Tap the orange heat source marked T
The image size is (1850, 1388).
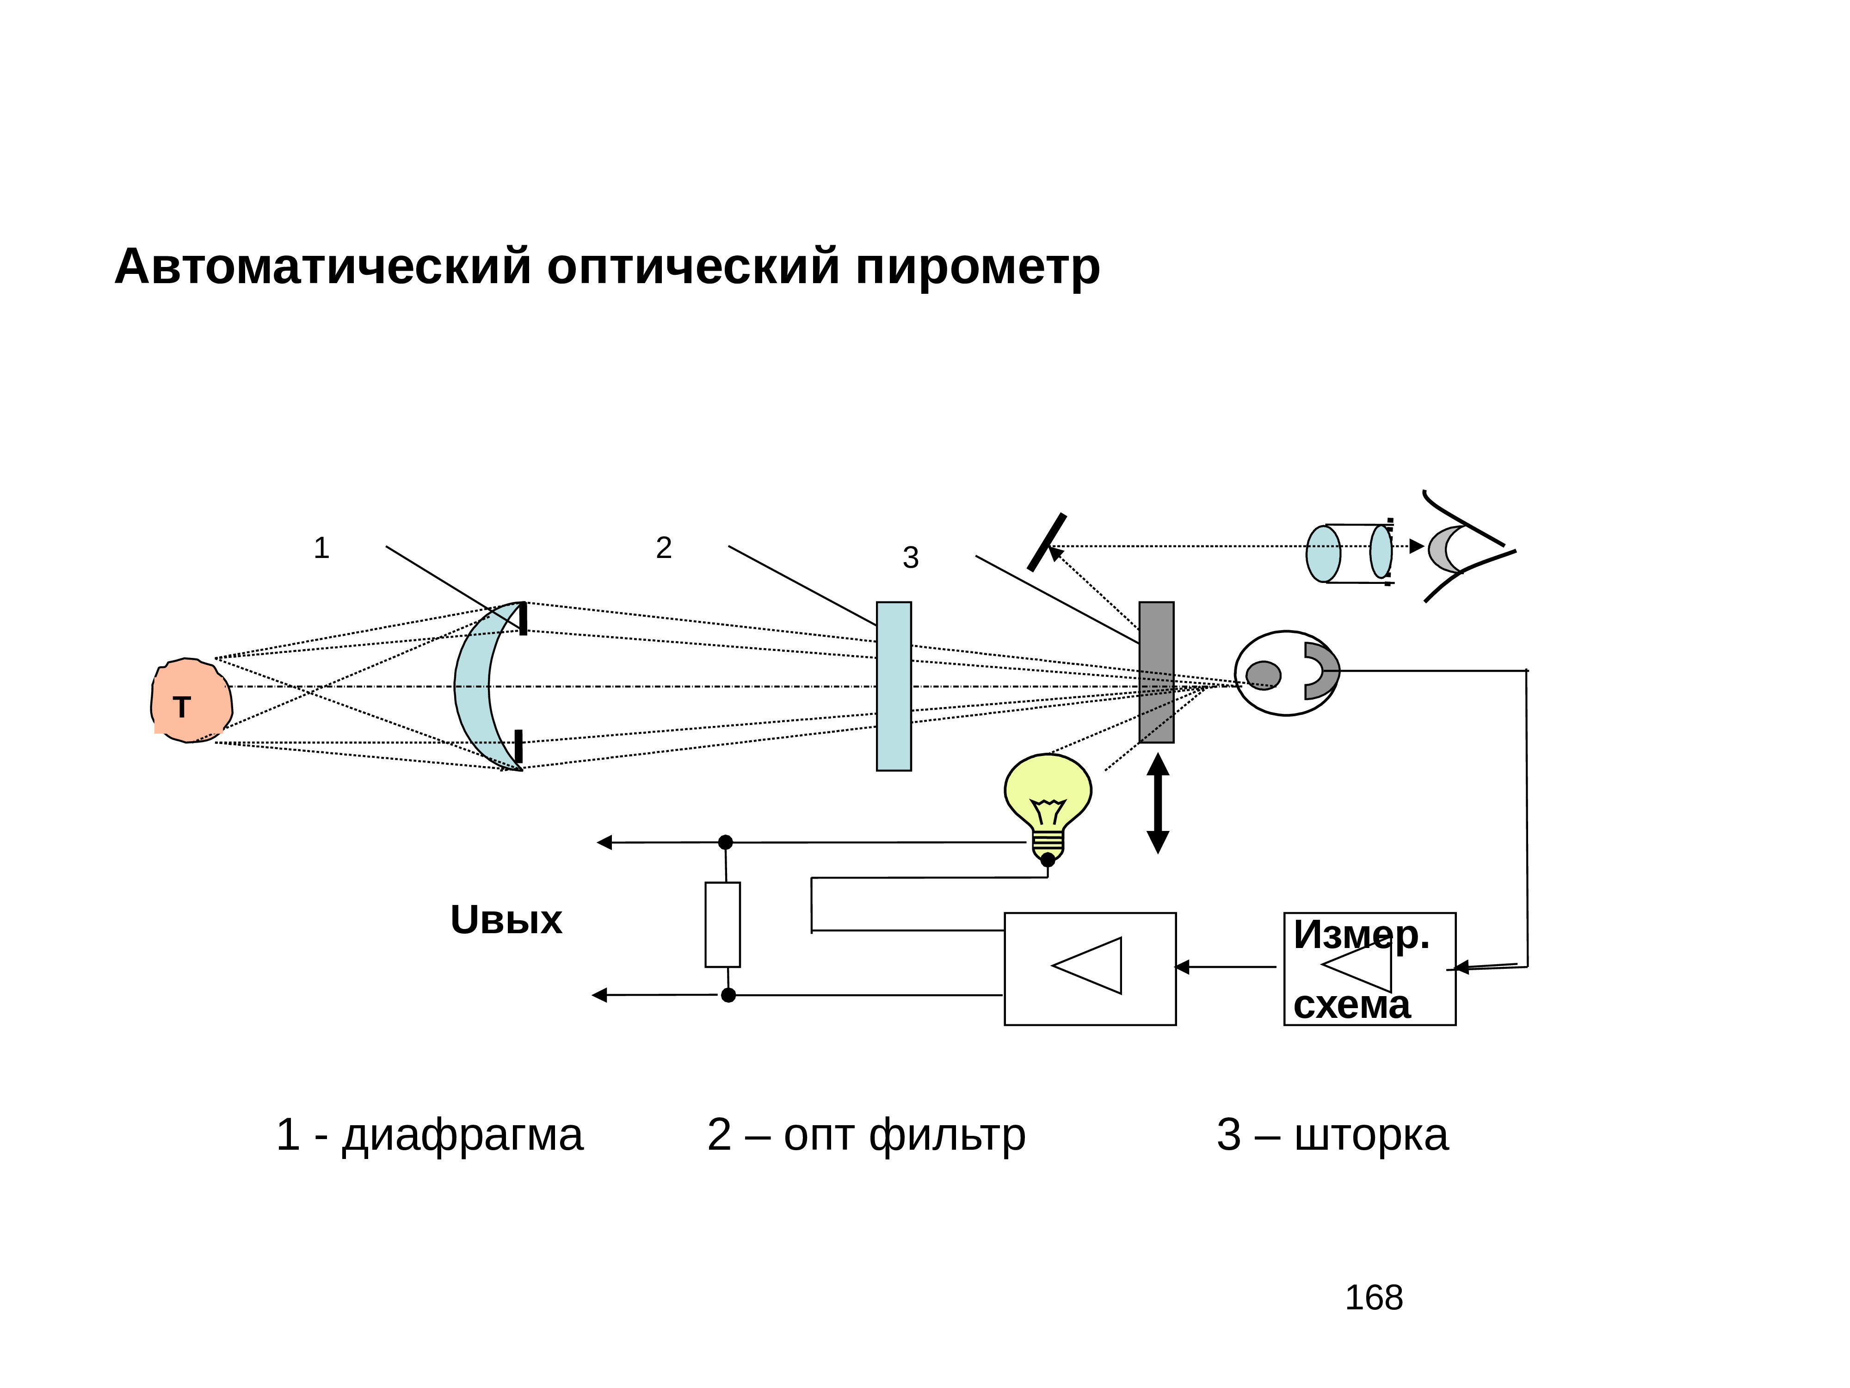(191, 701)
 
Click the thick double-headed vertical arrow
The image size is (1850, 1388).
(1158, 803)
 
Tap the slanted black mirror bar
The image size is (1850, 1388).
(1046, 542)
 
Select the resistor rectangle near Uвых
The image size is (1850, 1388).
(722, 924)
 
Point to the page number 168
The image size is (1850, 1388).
(1373, 1298)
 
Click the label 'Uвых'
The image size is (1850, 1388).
(506, 920)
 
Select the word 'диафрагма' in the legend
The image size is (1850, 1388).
(462, 1135)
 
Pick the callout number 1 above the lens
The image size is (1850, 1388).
(321, 548)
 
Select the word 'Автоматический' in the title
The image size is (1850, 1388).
(323, 268)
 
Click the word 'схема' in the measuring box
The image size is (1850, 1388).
(1351, 1005)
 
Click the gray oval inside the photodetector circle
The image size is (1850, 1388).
(1263, 675)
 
